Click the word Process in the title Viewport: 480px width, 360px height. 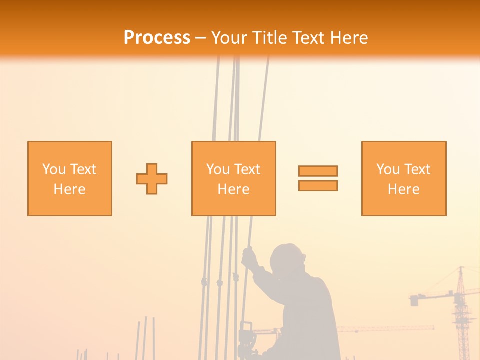[157, 38]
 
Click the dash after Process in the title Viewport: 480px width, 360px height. [201, 38]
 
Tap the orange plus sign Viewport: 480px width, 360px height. [152, 179]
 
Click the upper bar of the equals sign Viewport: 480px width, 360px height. [318, 171]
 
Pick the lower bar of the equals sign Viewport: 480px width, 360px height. [318, 186]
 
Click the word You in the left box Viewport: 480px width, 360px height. [54, 169]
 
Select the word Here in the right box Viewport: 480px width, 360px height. [404, 189]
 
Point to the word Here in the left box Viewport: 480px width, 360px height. [70, 189]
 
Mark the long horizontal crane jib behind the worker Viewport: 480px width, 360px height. [385, 328]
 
